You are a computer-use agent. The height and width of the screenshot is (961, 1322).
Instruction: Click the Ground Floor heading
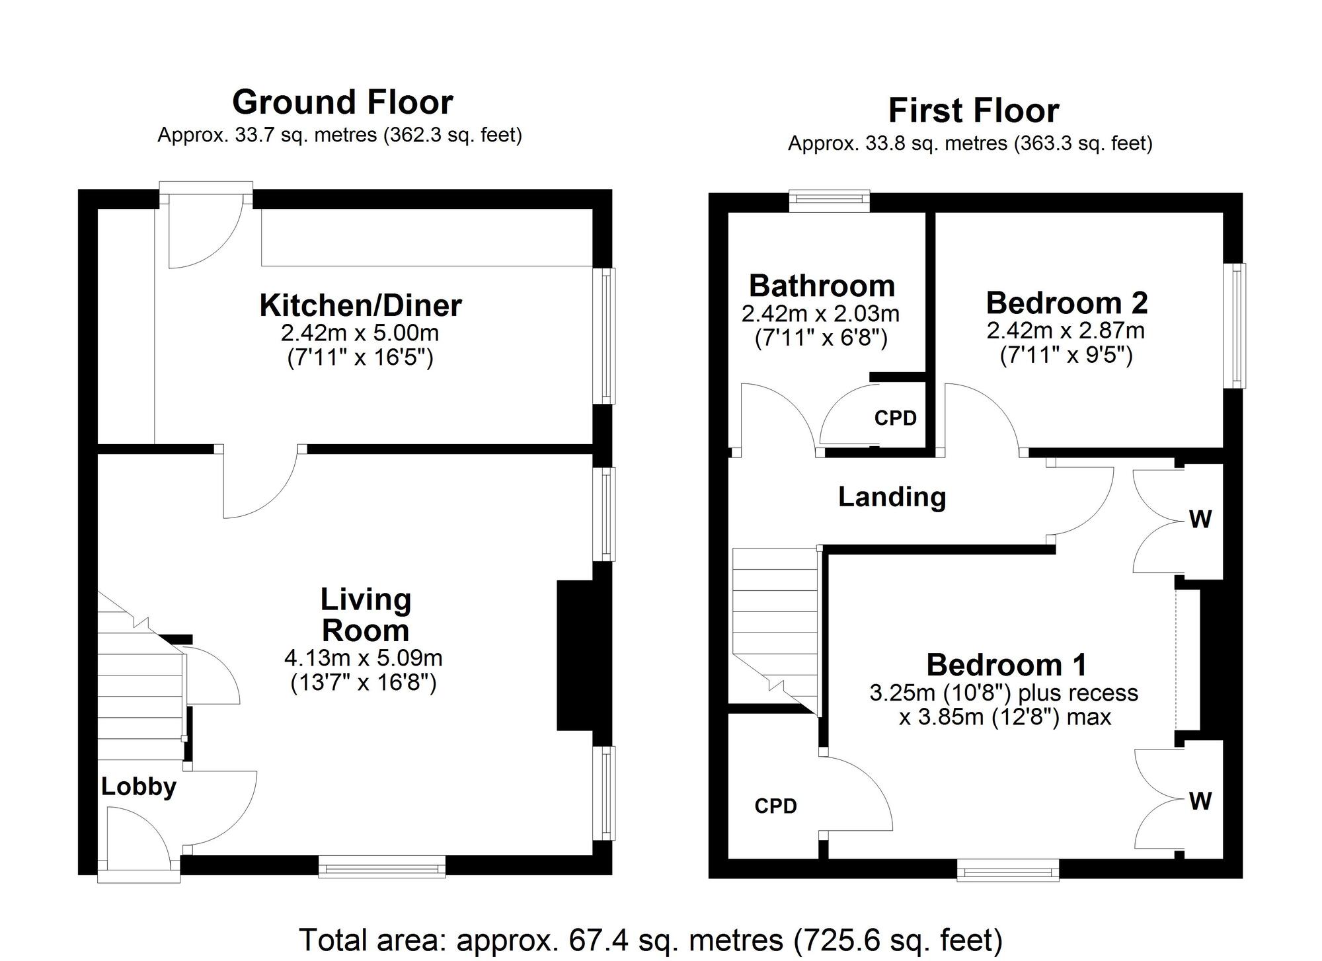coord(342,102)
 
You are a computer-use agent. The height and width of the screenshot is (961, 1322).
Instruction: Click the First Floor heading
coord(973,110)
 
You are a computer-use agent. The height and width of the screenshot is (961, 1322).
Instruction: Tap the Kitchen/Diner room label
coord(360,305)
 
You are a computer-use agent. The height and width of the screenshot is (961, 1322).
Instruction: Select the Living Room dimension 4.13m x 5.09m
coord(363,658)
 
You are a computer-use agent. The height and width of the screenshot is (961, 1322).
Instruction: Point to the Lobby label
coord(139,787)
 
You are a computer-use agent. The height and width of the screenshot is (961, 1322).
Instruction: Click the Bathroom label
coord(822,286)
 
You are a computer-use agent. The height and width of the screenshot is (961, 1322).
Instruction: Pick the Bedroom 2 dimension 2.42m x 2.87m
coord(1066,330)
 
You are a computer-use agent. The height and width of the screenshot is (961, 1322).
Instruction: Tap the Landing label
coord(892,496)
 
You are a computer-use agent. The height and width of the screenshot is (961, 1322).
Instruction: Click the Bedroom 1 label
coord(1006,664)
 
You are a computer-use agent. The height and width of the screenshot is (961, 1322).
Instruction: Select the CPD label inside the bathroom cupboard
coord(895,418)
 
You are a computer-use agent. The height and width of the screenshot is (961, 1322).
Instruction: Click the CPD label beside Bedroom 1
coord(775,806)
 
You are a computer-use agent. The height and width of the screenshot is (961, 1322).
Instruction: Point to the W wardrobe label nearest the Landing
coord(1200,520)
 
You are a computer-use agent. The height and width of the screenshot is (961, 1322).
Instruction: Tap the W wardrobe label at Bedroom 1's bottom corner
coord(1200,802)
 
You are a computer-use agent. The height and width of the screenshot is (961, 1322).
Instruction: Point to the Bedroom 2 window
coord(1234,325)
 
